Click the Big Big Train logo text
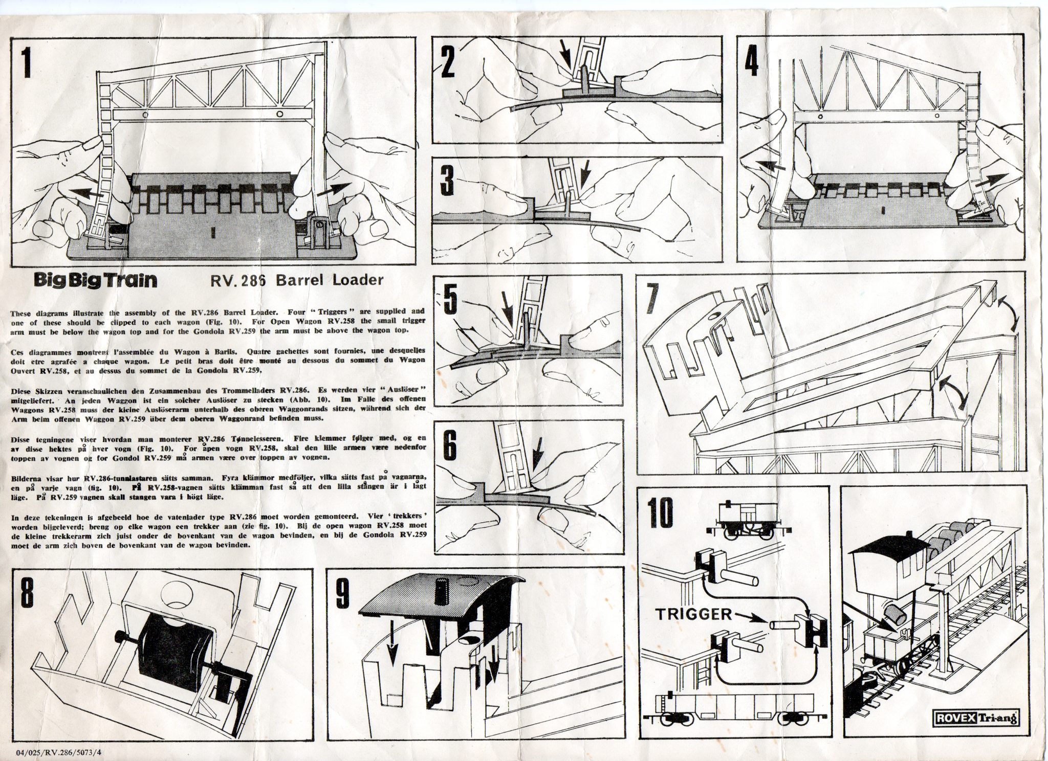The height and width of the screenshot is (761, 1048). tap(95, 281)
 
